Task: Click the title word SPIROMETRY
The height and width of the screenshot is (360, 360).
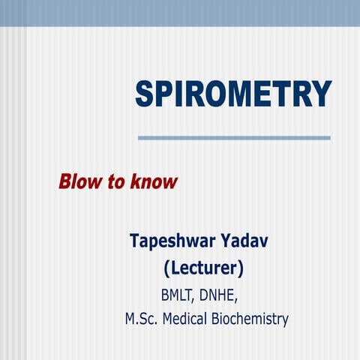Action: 233,94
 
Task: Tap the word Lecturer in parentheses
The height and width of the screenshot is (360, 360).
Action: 203,268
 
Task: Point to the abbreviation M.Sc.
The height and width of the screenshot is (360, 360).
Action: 140,319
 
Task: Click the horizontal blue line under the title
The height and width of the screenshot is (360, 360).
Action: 234,137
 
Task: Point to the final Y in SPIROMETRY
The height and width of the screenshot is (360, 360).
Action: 322,94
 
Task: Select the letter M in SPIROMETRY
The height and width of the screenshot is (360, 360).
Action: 244,94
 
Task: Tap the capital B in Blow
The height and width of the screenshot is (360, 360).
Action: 65,181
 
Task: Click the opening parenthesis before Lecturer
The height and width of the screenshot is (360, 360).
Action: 166,268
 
